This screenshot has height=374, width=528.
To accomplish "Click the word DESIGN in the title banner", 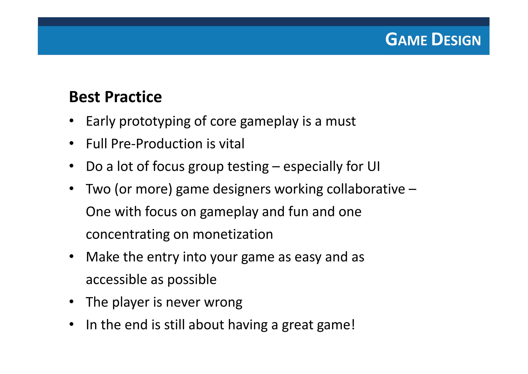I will (x=456, y=40).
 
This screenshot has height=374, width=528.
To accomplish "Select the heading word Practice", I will (x=133, y=97).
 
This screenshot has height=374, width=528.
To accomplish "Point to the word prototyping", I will (x=155, y=122).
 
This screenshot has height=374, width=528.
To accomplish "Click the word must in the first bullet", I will (x=340, y=121).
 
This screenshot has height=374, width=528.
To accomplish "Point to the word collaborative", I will (x=366, y=189).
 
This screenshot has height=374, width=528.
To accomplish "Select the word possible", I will (x=192, y=280).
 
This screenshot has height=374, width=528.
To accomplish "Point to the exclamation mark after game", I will (x=353, y=325).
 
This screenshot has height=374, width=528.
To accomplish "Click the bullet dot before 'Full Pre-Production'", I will (x=72, y=144).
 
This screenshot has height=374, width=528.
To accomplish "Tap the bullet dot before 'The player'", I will (x=72, y=302).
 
